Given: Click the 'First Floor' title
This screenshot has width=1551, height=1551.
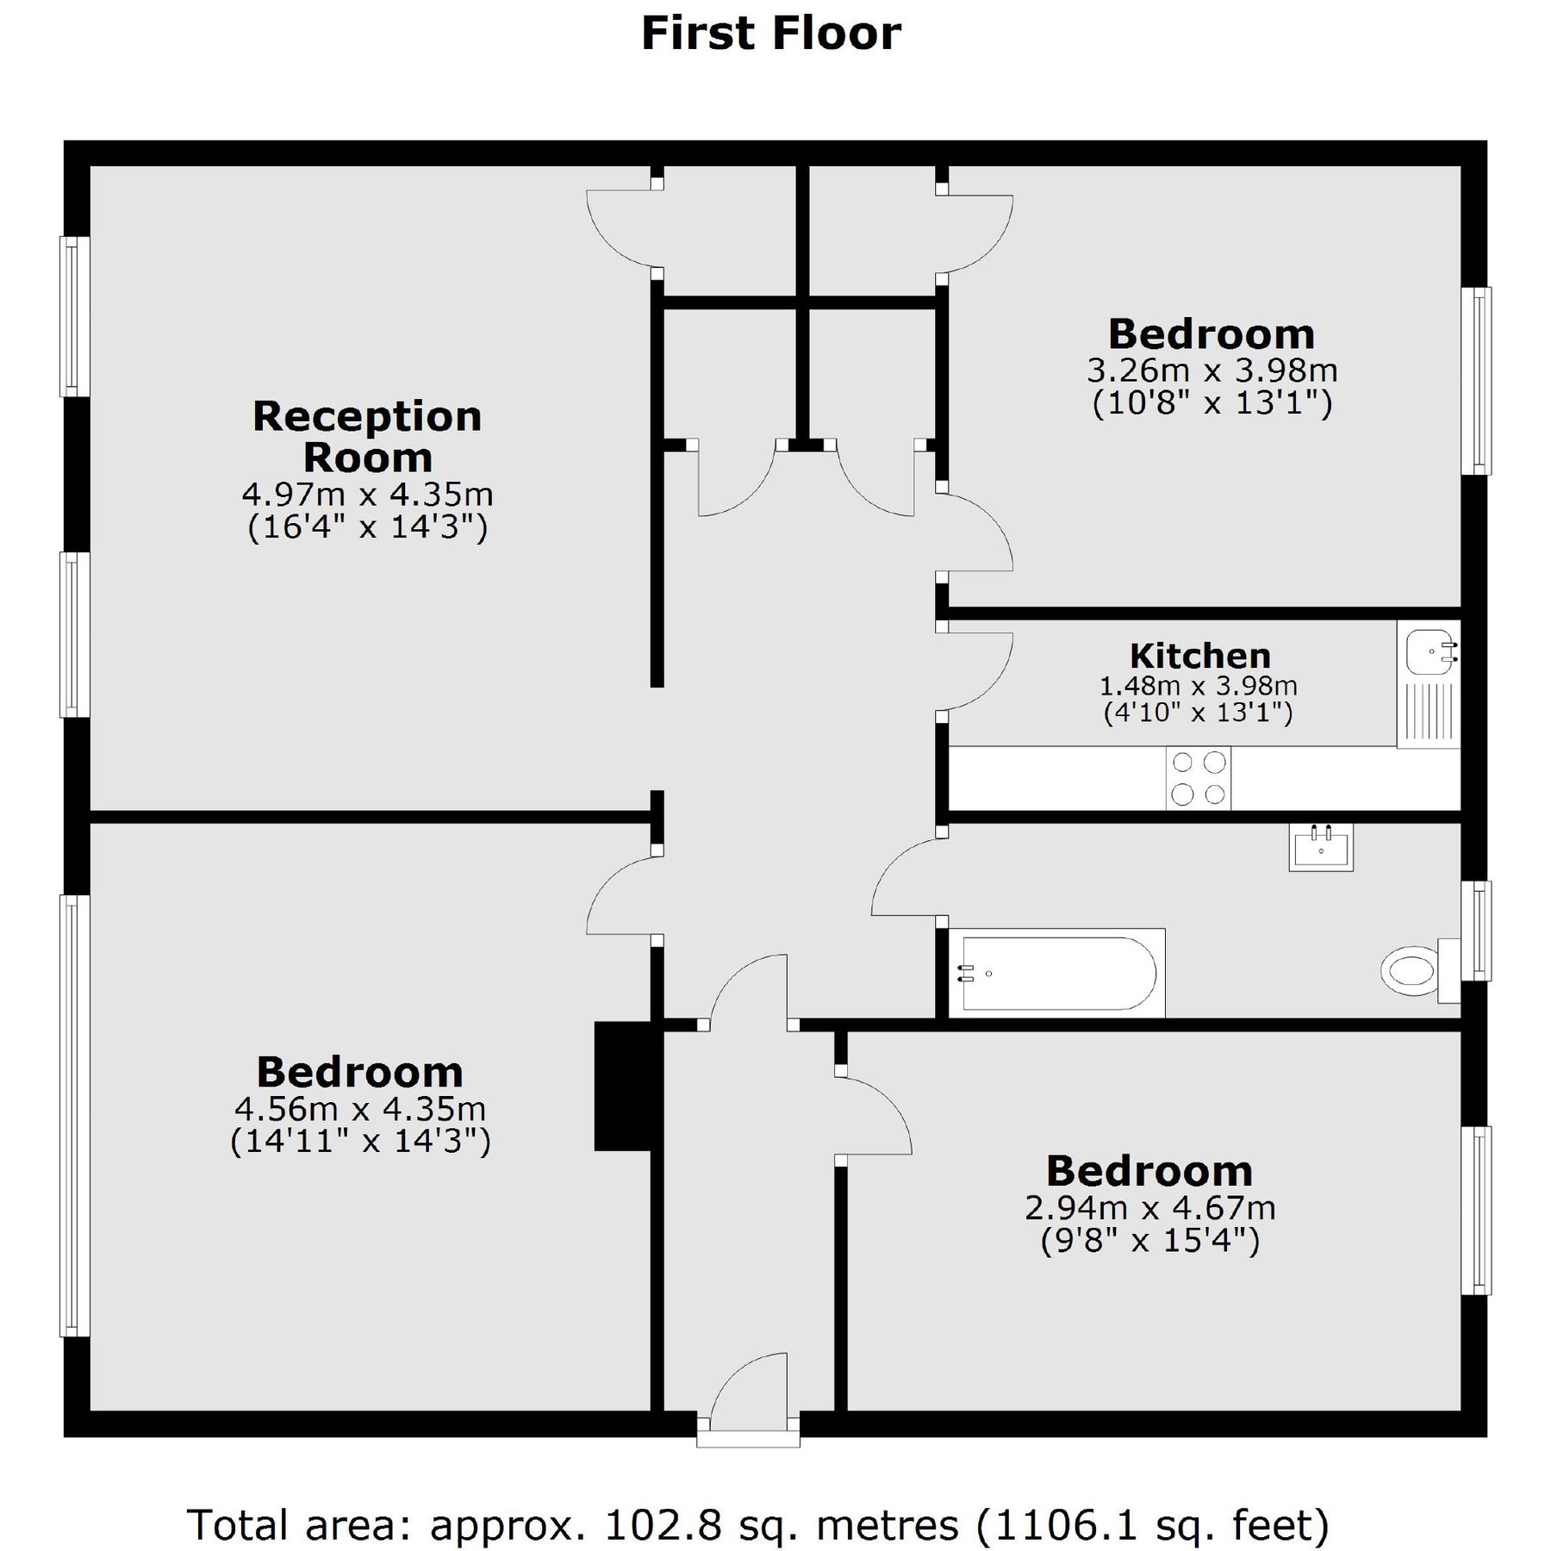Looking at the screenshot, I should click(x=771, y=34).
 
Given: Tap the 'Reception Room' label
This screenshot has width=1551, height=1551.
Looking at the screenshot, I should click(x=367, y=437).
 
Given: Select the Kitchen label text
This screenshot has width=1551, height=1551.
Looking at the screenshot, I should click(x=1199, y=656).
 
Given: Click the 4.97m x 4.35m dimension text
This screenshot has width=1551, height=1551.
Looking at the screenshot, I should click(x=367, y=495).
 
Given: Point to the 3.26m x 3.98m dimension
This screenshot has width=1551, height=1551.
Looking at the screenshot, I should click(x=1212, y=371).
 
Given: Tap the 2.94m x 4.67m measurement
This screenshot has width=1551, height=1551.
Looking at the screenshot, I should click(x=1149, y=1208).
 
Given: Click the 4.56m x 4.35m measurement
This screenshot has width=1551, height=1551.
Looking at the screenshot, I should click(x=360, y=1108).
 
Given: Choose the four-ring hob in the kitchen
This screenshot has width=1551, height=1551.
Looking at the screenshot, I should click(x=1199, y=778).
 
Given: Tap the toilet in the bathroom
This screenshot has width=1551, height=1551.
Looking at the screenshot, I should click(x=1413, y=972).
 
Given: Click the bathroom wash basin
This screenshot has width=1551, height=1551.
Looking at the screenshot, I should click(x=1321, y=846).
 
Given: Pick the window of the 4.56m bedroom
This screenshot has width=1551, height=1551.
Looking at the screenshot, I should click(x=75, y=1116).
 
